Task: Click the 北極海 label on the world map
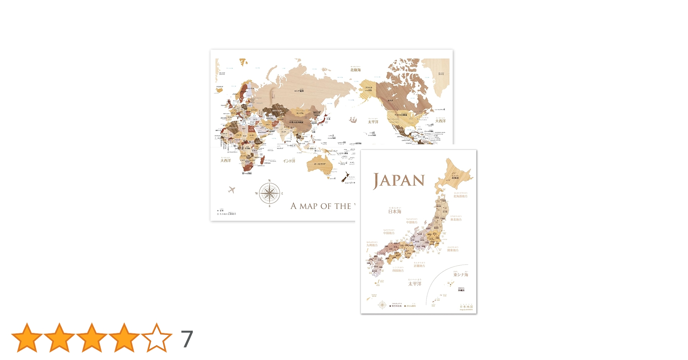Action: click(355, 70)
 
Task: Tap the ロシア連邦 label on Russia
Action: click(299, 91)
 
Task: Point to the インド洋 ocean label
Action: click(289, 161)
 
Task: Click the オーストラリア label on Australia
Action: click(320, 164)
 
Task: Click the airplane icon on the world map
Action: click(232, 189)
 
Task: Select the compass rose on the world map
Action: click(269, 193)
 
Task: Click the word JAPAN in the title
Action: click(399, 181)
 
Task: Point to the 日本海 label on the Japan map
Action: click(394, 211)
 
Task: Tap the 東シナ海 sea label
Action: click(461, 275)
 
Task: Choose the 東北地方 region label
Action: click(456, 219)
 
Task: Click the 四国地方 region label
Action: click(398, 270)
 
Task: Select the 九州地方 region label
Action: click(372, 245)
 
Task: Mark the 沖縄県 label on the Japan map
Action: click(461, 290)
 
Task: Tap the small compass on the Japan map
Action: click(382, 305)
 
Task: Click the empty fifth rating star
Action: click(157, 338)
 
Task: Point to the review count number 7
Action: click(187, 339)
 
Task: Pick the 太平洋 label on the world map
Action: click(373, 122)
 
